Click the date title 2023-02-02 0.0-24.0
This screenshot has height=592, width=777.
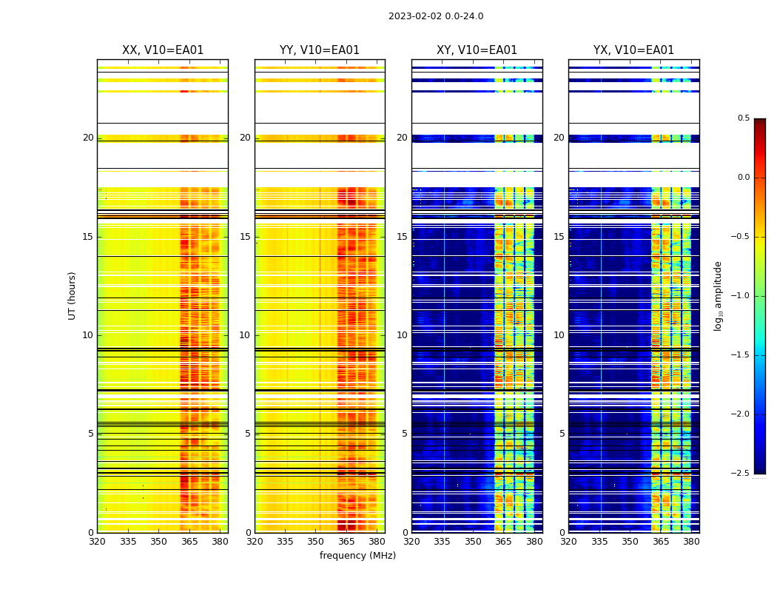[x=436, y=16]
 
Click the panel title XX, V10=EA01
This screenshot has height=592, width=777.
[x=163, y=50]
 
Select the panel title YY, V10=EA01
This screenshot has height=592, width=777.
[x=320, y=50]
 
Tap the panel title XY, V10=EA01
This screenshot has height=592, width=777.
[x=477, y=50]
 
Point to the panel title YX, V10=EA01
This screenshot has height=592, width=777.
[x=633, y=50]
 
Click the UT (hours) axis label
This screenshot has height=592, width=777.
[x=73, y=295]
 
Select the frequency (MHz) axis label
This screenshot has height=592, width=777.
[x=357, y=556]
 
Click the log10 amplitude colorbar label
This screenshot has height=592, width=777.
[x=718, y=295]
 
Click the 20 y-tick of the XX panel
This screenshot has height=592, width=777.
[x=88, y=138]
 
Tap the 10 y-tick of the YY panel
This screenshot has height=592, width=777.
[x=245, y=335]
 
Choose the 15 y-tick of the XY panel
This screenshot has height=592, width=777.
[x=402, y=237]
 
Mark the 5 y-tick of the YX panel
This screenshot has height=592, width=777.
[x=562, y=434]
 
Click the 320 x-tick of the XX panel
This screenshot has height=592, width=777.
[x=97, y=542]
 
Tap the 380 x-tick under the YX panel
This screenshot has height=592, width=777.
[x=691, y=542]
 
